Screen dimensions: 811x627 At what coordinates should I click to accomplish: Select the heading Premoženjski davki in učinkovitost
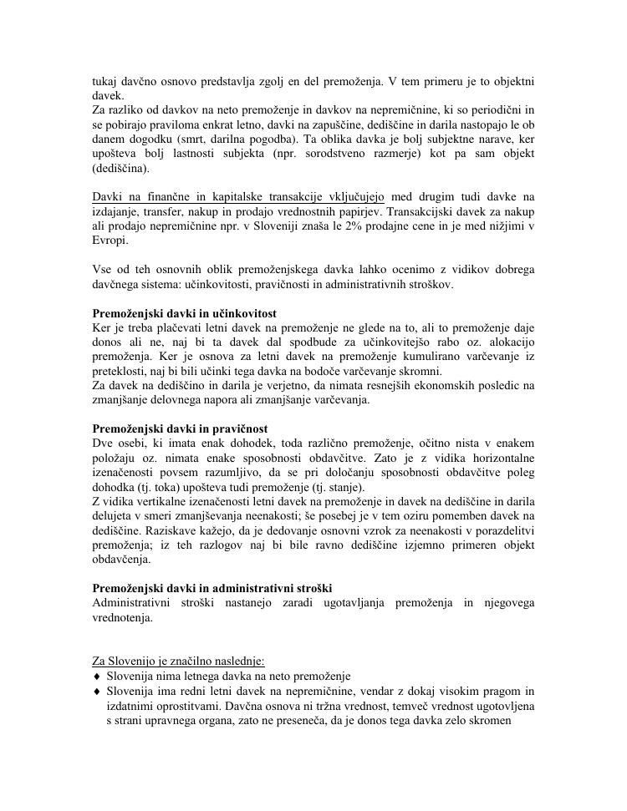184,312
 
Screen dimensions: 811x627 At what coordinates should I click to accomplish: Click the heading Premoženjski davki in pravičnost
179,428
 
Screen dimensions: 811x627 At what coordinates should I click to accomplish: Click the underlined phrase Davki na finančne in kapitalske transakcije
238,197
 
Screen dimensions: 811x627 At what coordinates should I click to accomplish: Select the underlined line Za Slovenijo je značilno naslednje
178,661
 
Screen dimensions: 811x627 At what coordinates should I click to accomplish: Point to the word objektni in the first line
507,82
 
